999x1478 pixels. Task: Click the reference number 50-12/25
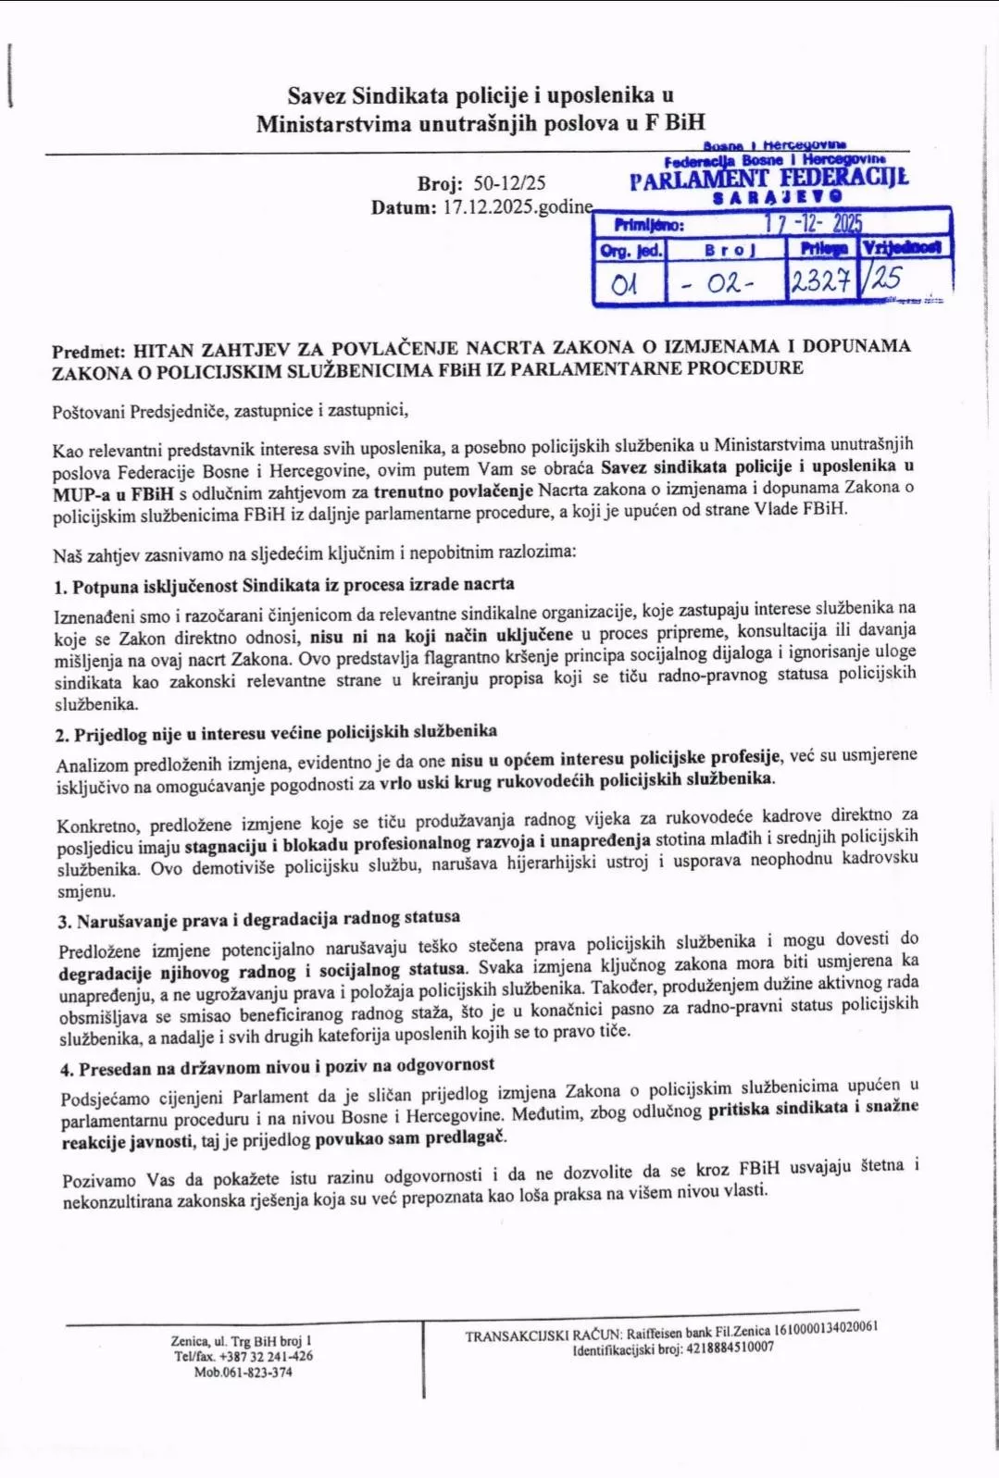(509, 182)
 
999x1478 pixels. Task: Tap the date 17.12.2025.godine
(518, 206)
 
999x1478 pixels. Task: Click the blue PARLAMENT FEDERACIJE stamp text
(768, 179)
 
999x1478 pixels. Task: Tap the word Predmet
(88, 352)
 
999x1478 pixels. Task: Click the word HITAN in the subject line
(164, 350)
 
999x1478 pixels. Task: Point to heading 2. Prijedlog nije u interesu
(276, 733)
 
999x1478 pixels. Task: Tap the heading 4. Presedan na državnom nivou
(278, 1067)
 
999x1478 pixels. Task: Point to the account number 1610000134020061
(825, 1328)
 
